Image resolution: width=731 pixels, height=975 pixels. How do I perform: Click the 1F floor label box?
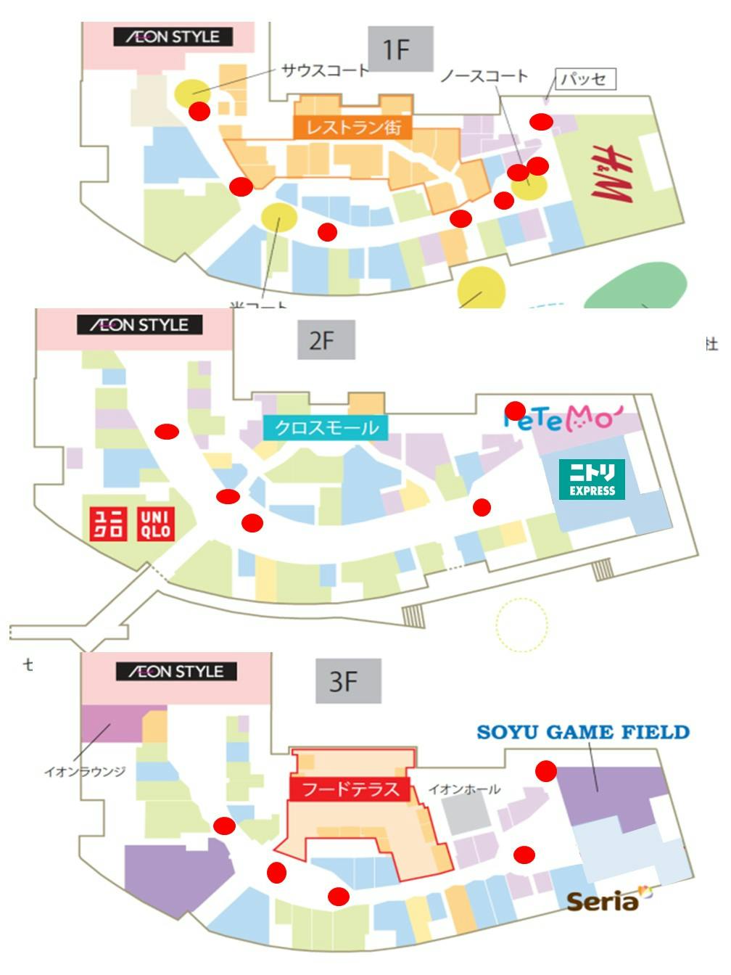tap(400, 49)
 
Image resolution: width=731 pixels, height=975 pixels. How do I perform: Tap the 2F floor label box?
tap(326, 340)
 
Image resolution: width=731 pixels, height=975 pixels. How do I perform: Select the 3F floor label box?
tap(348, 681)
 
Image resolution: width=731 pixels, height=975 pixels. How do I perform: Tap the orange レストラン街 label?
tap(352, 127)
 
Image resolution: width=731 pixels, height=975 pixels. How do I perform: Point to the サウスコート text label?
tap(325, 70)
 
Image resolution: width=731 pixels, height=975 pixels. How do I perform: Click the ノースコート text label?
tap(484, 75)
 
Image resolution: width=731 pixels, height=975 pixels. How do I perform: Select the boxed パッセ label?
tap(585, 79)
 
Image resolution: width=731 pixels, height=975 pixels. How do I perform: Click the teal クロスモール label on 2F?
tap(326, 427)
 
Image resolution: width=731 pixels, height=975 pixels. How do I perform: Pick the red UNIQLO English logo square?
tap(155, 524)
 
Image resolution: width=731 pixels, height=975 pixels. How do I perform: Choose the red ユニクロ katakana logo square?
tap(108, 524)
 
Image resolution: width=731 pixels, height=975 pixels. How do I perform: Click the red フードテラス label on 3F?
tap(350, 789)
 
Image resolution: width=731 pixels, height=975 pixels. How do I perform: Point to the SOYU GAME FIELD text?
tap(583, 732)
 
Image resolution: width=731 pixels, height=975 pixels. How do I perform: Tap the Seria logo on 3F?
tap(604, 901)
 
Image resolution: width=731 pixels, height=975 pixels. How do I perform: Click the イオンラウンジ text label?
tap(85, 771)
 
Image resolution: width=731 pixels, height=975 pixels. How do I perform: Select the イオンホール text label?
tap(463, 789)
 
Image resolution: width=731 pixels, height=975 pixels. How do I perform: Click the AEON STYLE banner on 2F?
tap(140, 325)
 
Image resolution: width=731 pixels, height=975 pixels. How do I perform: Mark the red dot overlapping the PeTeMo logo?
tap(515, 411)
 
